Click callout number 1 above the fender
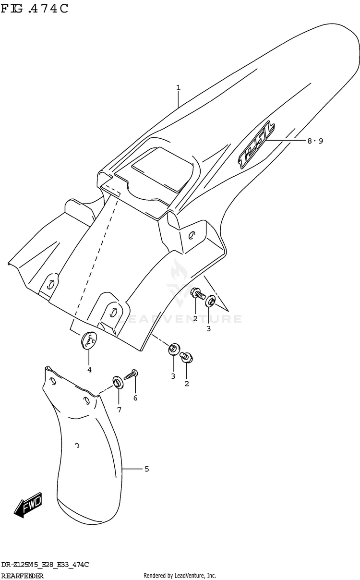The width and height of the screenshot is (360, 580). tap(178, 87)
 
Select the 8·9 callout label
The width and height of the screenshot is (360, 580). tap(315, 141)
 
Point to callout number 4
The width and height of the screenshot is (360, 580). tap(89, 369)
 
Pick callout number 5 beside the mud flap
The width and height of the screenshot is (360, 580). tap(146, 468)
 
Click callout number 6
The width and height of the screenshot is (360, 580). tap(135, 398)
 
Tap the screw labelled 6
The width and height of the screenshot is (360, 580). tap(131, 374)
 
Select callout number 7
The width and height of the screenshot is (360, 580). tap(119, 410)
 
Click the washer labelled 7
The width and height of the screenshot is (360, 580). tap(117, 382)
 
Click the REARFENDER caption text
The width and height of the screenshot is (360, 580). tap(23, 576)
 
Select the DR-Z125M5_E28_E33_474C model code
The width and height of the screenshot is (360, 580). tap(45, 564)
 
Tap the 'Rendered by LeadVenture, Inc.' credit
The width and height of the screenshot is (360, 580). tap(180, 575)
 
